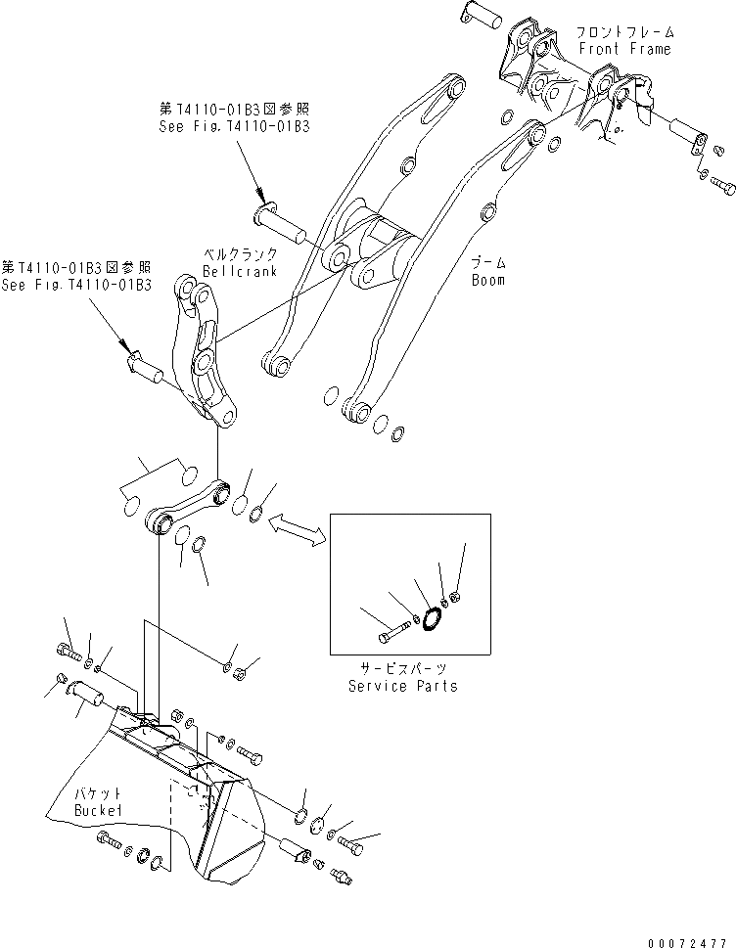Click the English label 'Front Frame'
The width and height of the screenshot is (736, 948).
coord(623,49)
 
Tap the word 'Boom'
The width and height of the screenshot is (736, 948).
coord(486,280)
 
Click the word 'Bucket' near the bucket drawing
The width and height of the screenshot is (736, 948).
coord(99,811)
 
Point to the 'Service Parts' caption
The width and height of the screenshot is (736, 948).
coord(402,686)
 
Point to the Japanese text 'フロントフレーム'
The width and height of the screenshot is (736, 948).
coord(623,32)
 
